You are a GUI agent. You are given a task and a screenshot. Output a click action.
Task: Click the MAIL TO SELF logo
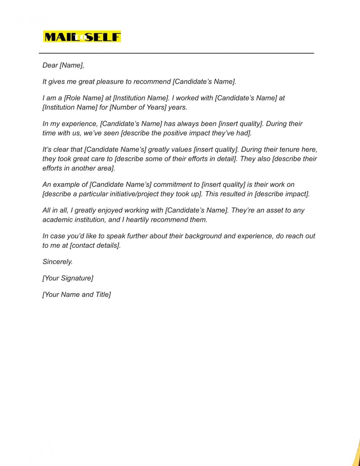coord(82,37)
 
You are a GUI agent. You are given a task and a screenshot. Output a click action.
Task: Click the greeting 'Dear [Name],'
coord(63,65)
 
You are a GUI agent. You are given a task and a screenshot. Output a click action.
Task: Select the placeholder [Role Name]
coord(84,98)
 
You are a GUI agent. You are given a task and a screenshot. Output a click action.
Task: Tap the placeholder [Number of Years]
coord(138,107)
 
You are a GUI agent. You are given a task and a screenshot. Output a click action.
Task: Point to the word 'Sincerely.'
coord(58,262)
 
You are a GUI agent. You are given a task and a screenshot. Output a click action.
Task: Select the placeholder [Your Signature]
coord(68,278)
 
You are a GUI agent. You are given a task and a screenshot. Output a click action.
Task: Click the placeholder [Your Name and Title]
coord(77,295)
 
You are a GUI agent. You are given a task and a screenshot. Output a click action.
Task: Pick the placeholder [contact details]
coord(95,245)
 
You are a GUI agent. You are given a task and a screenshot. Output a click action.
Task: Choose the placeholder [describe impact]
coord(282,194)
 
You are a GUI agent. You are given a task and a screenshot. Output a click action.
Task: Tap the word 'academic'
coord(57,220)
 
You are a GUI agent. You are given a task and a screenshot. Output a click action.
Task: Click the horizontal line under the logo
coord(176,53)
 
